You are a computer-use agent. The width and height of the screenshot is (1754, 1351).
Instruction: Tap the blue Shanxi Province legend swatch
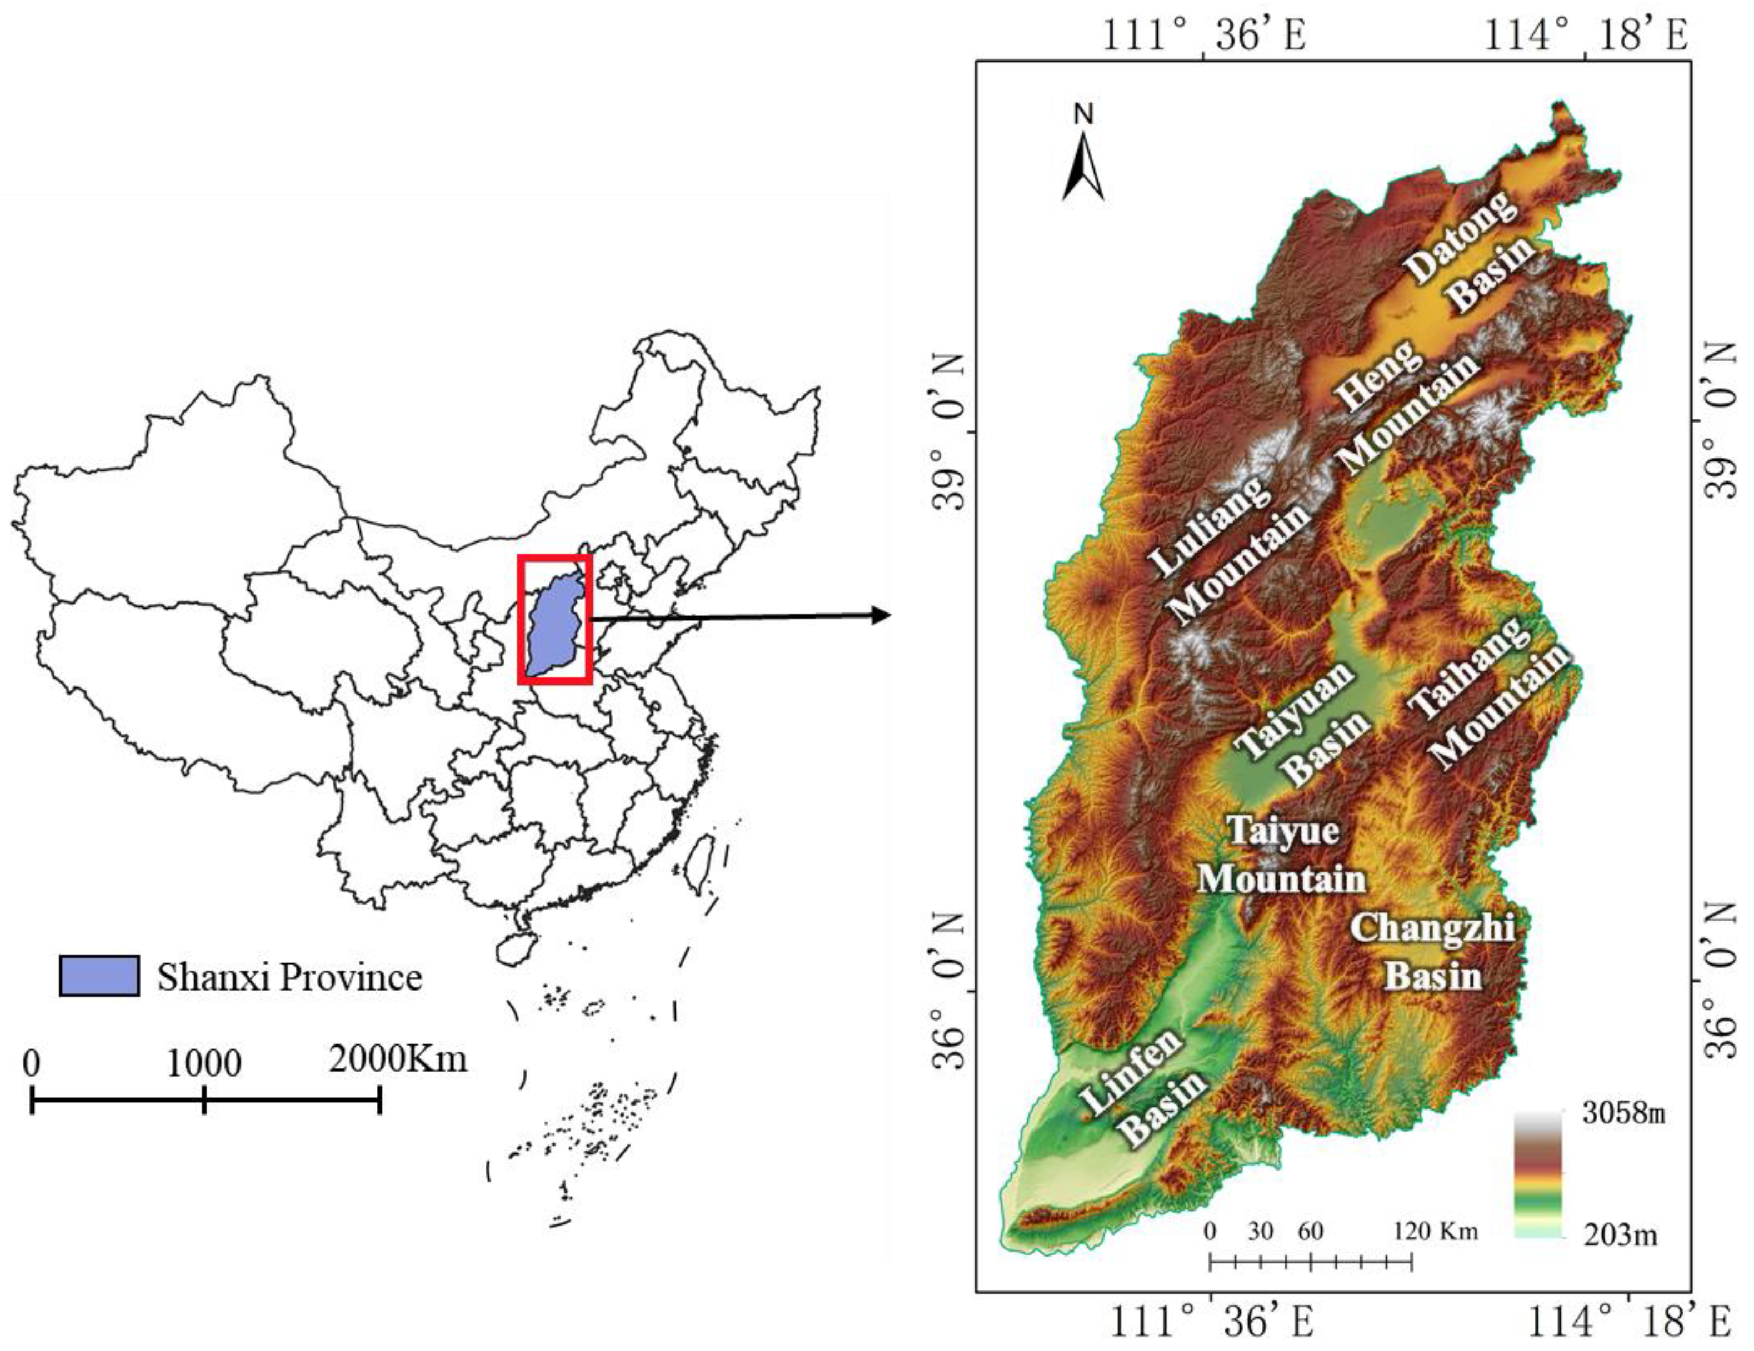(x=99, y=975)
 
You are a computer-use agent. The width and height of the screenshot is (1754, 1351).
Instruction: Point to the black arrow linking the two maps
(x=739, y=616)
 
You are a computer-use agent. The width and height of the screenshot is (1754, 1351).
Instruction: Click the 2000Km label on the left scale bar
(x=398, y=1059)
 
